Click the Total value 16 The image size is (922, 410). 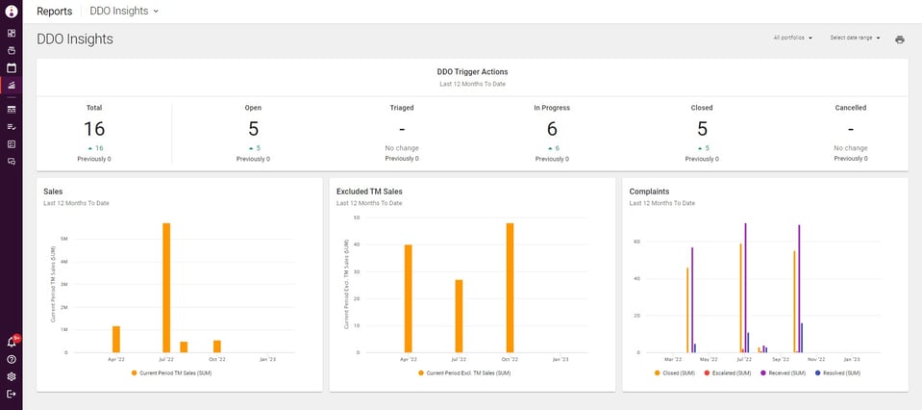[94, 129]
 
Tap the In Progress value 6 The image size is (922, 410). [552, 129]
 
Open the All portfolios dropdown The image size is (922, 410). [793, 38]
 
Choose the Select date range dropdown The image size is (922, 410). [855, 38]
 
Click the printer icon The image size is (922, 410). [900, 39]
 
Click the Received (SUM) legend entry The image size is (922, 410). [784, 372]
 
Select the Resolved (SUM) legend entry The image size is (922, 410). [833, 372]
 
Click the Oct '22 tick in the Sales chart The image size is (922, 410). [217, 359]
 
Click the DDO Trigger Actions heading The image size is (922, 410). [472, 71]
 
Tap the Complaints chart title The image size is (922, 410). [649, 192]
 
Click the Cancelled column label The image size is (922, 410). [850, 108]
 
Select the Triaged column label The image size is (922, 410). [402, 108]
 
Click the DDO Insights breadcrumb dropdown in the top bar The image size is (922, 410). [124, 11]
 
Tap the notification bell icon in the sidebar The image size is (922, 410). [12, 342]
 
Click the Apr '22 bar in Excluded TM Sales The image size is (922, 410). [408, 298]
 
